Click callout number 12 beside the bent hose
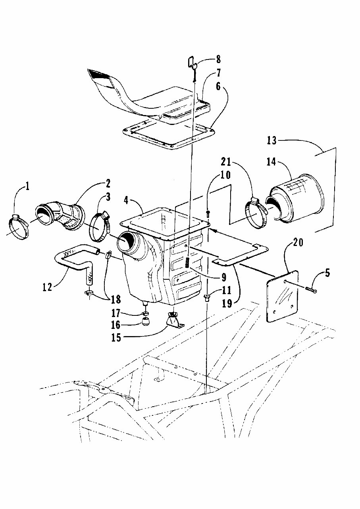click(47, 286)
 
